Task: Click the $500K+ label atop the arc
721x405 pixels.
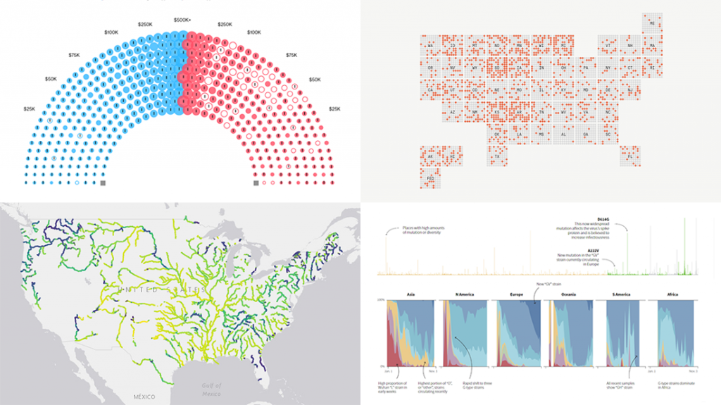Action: coord(182,20)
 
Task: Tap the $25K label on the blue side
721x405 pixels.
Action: coord(30,108)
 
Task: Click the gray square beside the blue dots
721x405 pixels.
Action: coord(103,183)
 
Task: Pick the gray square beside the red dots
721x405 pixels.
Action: coord(256,183)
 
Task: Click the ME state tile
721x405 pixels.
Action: coord(653,23)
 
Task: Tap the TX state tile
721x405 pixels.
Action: coord(496,155)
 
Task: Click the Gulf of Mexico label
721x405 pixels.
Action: coord(210,390)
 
